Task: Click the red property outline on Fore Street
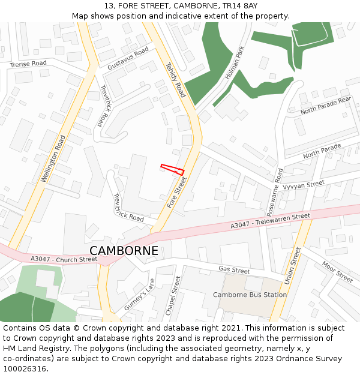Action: click(x=173, y=169)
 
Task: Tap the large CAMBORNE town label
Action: click(x=124, y=251)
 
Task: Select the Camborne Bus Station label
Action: click(x=250, y=295)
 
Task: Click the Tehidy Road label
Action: click(x=175, y=80)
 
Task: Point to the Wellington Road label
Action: click(x=53, y=158)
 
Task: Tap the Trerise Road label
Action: click(x=28, y=64)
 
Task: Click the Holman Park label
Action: click(x=235, y=65)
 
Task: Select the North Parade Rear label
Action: click(x=325, y=106)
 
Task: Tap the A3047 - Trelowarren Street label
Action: click(x=270, y=220)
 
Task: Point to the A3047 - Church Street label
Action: click(x=64, y=259)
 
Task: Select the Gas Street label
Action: click(x=234, y=270)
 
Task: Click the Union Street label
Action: click(x=293, y=265)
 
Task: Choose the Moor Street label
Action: click(x=337, y=272)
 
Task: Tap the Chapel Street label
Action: click(x=173, y=296)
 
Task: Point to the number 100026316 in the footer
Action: click(x=24, y=369)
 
